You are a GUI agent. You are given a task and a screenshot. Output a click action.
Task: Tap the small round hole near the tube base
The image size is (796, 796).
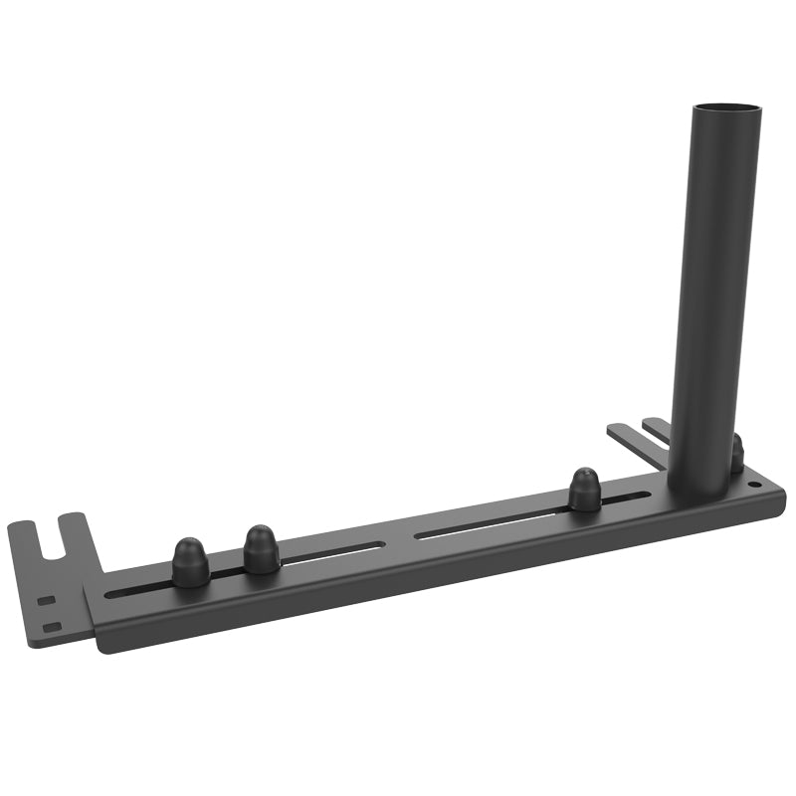click(753, 485)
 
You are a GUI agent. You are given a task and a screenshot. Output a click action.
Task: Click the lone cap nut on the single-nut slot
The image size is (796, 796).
click(584, 490)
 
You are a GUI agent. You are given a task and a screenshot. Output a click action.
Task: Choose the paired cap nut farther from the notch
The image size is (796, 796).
click(261, 547)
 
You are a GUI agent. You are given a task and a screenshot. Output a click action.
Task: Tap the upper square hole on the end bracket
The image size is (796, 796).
click(45, 601)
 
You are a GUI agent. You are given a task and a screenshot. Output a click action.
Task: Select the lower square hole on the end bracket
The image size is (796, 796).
click(53, 626)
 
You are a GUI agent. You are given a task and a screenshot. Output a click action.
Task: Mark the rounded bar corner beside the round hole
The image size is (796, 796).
click(778, 492)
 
